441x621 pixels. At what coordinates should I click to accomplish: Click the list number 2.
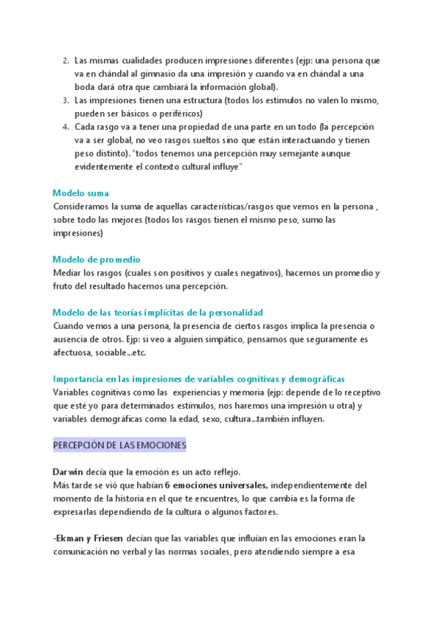tap(64, 61)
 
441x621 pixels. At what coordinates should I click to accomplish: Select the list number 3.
tap(64, 100)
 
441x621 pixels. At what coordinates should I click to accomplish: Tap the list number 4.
tap(64, 127)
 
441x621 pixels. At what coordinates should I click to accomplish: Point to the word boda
tap(87, 87)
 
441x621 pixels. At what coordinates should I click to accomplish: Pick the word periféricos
tap(177, 114)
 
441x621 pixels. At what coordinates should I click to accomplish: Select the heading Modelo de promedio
tap(97, 259)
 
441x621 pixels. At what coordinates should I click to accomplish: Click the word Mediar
tap(67, 273)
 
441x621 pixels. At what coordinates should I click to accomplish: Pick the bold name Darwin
tap(70, 472)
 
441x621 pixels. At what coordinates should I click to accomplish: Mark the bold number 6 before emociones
tap(167, 485)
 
